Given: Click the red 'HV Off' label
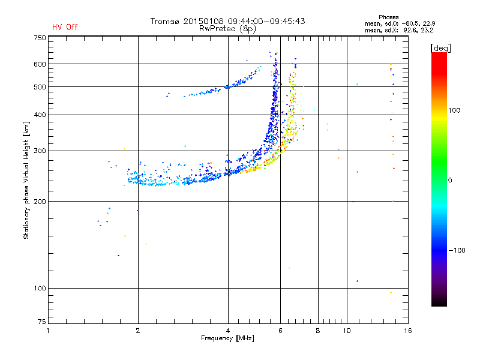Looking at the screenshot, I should tap(65, 27).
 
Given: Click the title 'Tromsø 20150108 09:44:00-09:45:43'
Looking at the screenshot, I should tap(227, 20).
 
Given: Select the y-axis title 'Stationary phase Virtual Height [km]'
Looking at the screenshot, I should tap(26, 180).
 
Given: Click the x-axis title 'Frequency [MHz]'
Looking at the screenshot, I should tap(227, 338).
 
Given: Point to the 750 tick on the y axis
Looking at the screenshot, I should tap(40, 37).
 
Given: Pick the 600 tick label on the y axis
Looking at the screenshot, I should tap(40, 64).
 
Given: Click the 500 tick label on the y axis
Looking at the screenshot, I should tap(40, 87).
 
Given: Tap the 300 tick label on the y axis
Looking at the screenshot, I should tap(40, 151).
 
